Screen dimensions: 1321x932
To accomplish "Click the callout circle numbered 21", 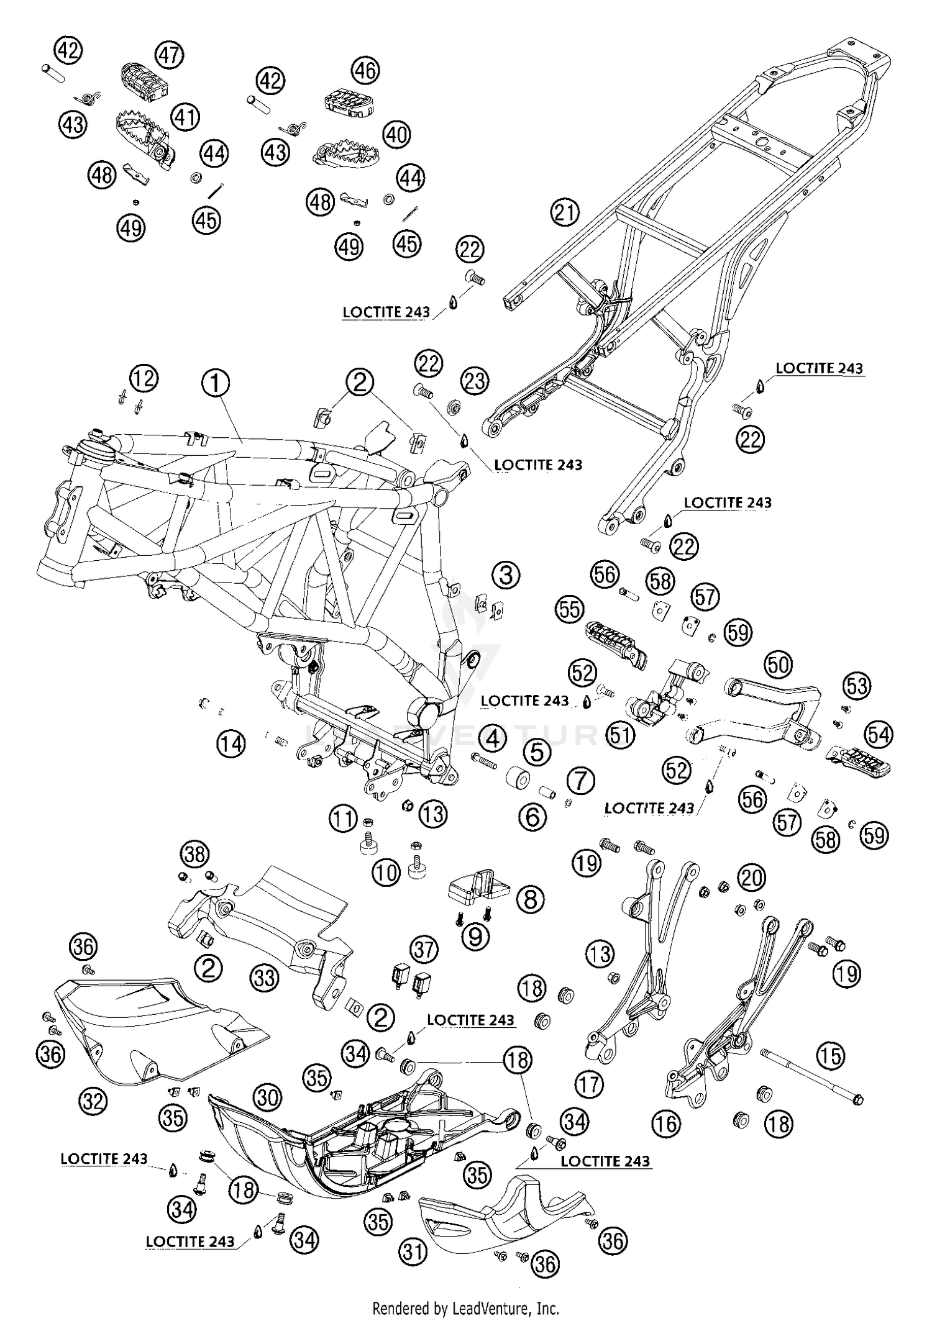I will point(564,213).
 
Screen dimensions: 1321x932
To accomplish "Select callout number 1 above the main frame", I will point(216,383).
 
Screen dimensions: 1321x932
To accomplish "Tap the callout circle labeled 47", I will point(169,55).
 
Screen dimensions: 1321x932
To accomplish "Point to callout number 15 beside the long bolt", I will point(831,1055).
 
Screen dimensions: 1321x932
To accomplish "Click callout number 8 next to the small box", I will point(530,899).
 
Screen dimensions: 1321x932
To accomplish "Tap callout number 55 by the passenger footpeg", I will point(569,609).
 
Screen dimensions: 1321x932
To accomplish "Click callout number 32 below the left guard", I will point(93,1101).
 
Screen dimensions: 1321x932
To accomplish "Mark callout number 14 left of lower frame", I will point(231,743).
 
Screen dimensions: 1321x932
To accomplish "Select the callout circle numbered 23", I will point(475,380).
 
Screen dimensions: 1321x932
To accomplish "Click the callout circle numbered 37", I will point(425,950).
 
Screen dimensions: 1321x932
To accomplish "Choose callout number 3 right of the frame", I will point(506,574).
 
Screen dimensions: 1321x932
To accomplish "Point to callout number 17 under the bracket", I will point(589,1084).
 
